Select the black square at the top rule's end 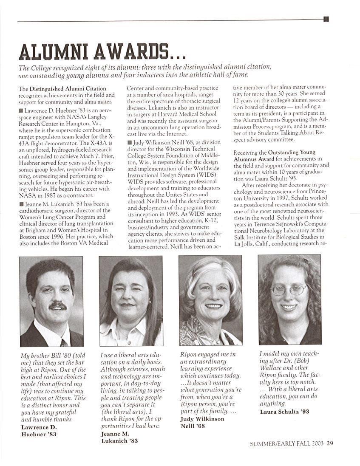(x=326, y=19)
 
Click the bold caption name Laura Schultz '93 (x=284, y=412)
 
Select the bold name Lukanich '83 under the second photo (x=119, y=441)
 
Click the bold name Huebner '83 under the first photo (x=39, y=434)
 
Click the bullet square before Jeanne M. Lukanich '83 (x=21, y=204)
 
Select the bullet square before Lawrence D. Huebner (x=21, y=111)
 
